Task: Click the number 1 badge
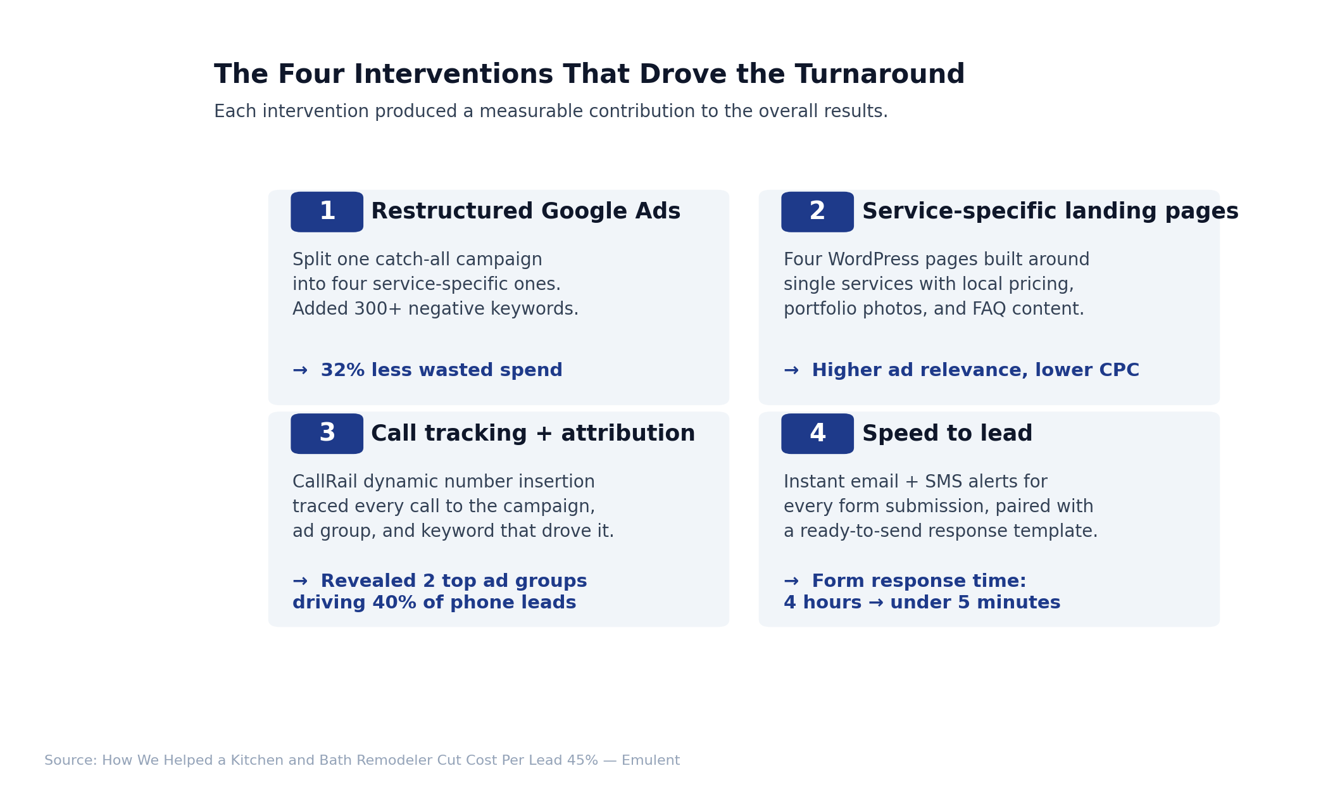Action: click(327, 212)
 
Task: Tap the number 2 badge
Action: click(817, 212)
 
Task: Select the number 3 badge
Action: click(327, 434)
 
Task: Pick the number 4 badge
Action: click(817, 434)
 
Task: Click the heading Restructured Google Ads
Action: click(525, 211)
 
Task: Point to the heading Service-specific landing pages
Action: click(1049, 211)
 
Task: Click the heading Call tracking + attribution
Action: click(532, 434)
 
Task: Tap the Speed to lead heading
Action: click(947, 434)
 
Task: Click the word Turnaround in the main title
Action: click(879, 75)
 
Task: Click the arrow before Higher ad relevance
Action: click(791, 370)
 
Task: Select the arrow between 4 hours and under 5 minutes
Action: click(875, 603)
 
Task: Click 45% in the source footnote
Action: click(582, 760)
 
